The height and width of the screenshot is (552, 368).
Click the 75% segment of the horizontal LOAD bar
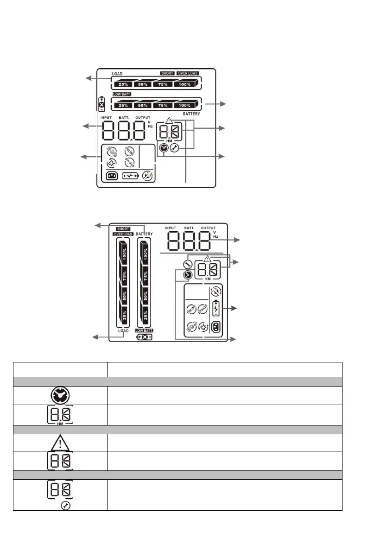click(164, 84)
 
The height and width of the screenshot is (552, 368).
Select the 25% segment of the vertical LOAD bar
click(123, 316)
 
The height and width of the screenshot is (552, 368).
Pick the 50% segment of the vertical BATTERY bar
click(146, 296)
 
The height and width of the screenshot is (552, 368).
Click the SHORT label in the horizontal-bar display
click(167, 73)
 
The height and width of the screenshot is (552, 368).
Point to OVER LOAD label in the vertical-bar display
click(123, 234)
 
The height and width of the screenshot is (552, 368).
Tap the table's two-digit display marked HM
click(60, 415)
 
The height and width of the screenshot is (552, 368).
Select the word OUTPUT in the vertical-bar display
click(208, 228)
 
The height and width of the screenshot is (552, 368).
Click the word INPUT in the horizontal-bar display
click(106, 119)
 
